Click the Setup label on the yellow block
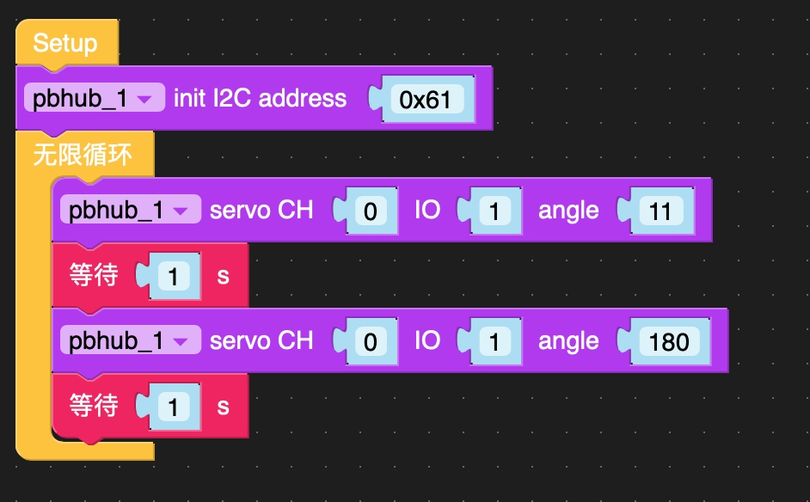(65, 43)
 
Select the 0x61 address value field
(426, 99)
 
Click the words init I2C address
(260, 99)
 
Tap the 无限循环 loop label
(83, 156)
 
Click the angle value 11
(660, 211)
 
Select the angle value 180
(669, 341)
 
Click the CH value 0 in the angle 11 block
(370, 211)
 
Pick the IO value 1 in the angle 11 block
(494, 211)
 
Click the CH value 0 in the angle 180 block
(370, 342)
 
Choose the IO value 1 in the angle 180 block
(494, 342)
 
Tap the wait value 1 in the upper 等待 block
(174, 277)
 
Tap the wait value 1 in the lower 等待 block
(174, 407)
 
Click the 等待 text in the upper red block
(94, 276)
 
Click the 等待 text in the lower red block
(94, 406)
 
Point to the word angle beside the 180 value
(568, 341)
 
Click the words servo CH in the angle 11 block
(261, 211)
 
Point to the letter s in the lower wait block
(224, 406)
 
